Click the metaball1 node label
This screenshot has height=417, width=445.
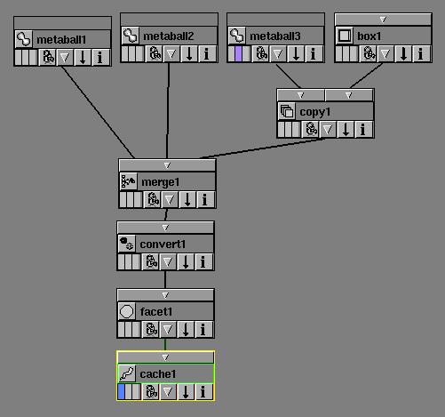click(61, 39)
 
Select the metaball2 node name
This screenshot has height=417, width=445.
click(169, 36)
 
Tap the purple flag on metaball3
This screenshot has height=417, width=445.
click(238, 54)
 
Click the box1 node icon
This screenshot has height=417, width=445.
click(345, 36)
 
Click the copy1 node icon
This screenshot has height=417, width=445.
click(287, 112)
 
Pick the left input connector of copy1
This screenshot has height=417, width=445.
click(301, 95)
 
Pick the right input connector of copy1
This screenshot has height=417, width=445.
click(349, 95)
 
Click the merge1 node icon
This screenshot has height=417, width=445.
click(128, 181)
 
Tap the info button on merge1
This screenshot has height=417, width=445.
click(204, 199)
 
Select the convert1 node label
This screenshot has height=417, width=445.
click(163, 245)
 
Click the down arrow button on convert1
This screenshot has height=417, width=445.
click(186, 262)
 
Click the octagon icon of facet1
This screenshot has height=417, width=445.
click(127, 311)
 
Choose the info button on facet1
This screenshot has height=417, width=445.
click(203, 330)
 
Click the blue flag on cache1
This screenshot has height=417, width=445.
click(121, 391)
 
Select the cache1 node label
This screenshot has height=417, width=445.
click(158, 374)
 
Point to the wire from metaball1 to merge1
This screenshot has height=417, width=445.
click(98, 112)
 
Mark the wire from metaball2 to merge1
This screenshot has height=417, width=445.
click(168, 110)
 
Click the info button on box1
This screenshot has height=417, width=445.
click(420, 54)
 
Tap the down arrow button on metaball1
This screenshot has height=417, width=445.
click(83, 57)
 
